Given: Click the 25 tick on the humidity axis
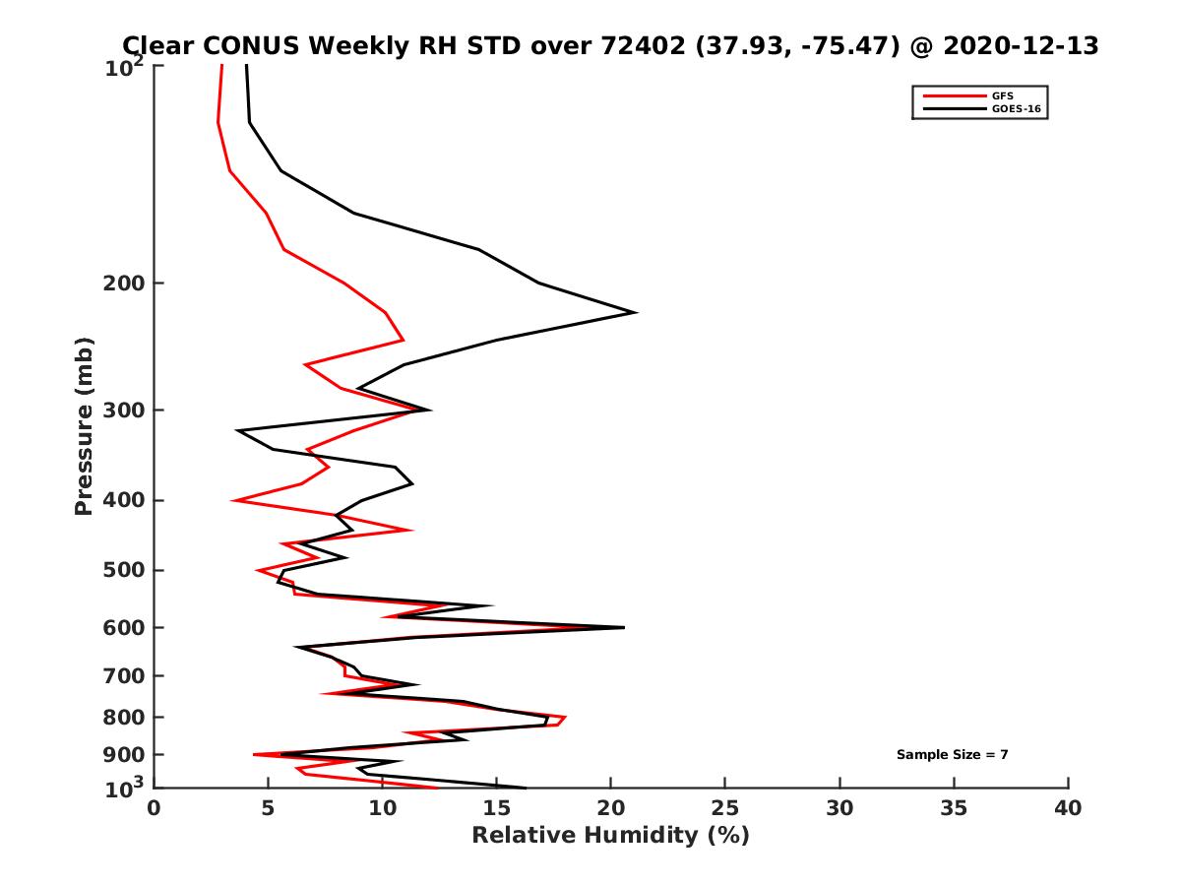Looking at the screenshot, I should tap(725, 808).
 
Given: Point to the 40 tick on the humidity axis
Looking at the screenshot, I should tap(1068, 808).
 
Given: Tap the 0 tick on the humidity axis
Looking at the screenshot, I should tap(155, 808).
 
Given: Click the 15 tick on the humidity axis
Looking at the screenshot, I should tap(497, 808).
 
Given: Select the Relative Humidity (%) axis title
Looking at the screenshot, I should tap(610, 836).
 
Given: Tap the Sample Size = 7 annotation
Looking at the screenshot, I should tap(952, 755).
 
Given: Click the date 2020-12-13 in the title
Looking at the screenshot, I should tap(1019, 45).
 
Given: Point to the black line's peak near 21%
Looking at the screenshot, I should tap(636, 312).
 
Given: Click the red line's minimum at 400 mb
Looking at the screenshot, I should tap(233, 501).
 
